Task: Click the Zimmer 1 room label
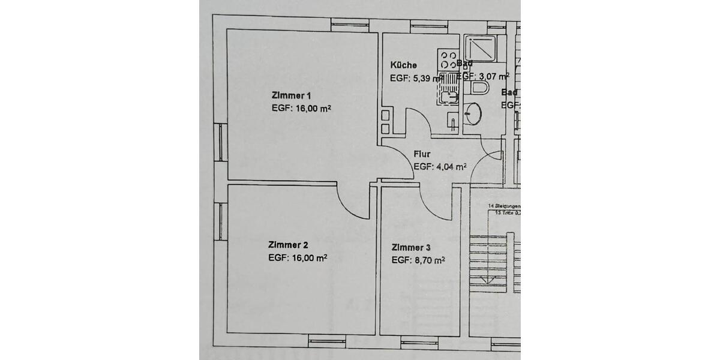[x=292, y=96]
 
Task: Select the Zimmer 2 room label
[x=288, y=245]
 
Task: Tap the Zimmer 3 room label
[x=411, y=248]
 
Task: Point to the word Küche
[x=403, y=65]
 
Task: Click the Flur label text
[x=422, y=154]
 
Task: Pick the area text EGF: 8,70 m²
[x=418, y=260]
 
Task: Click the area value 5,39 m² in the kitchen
[x=427, y=78]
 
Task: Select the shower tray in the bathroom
[x=480, y=48]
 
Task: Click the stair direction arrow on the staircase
[x=489, y=280]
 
